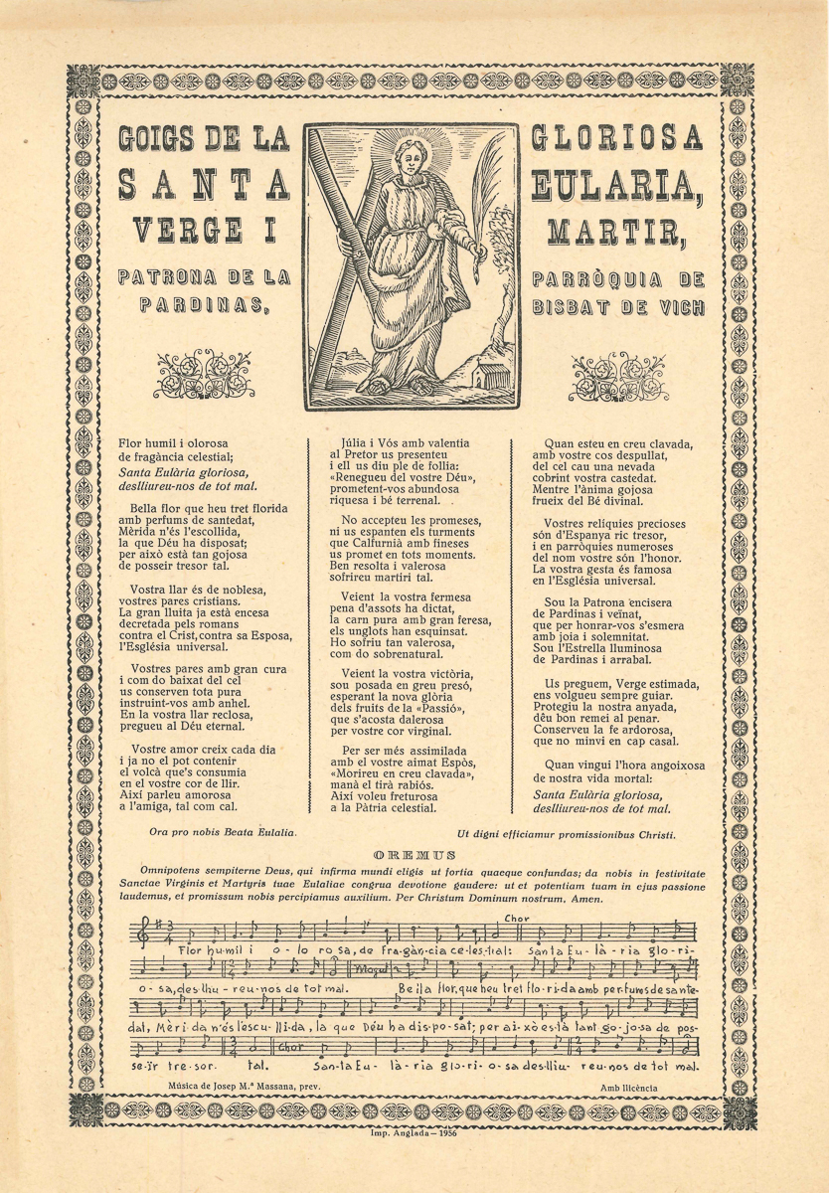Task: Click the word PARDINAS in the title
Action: tap(201, 306)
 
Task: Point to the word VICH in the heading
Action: tap(679, 306)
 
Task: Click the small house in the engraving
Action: tap(488, 375)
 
